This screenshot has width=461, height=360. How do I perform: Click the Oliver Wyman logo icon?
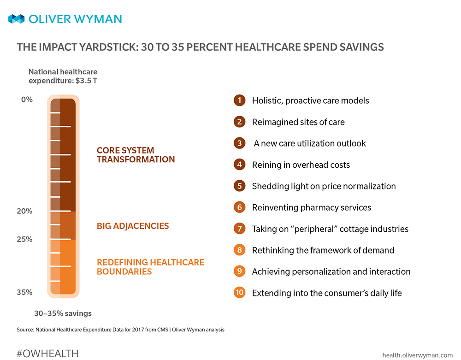click(x=16, y=19)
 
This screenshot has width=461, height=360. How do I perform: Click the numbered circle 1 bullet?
click(x=239, y=100)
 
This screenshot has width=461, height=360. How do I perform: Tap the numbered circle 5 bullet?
click(x=239, y=186)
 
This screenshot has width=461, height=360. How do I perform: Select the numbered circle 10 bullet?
click(x=239, y=293)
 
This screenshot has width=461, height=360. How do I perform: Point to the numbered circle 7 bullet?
click(x=239, y=229)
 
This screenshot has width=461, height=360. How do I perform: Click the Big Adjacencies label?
click(x=133, y=226)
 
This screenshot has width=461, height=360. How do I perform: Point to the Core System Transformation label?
click(x=136, y=155)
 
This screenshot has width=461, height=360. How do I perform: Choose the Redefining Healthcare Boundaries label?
click(x=150, y=267)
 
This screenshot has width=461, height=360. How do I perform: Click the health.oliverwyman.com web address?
click(x=418, y=354)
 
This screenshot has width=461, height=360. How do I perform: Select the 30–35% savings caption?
click(x=63, y=313)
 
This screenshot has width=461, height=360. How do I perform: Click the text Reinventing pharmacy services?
click(x=311, y=207)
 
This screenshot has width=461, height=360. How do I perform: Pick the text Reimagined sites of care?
click(x=298, y=122)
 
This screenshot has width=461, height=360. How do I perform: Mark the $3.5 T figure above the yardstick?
click(x=87, y=80)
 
